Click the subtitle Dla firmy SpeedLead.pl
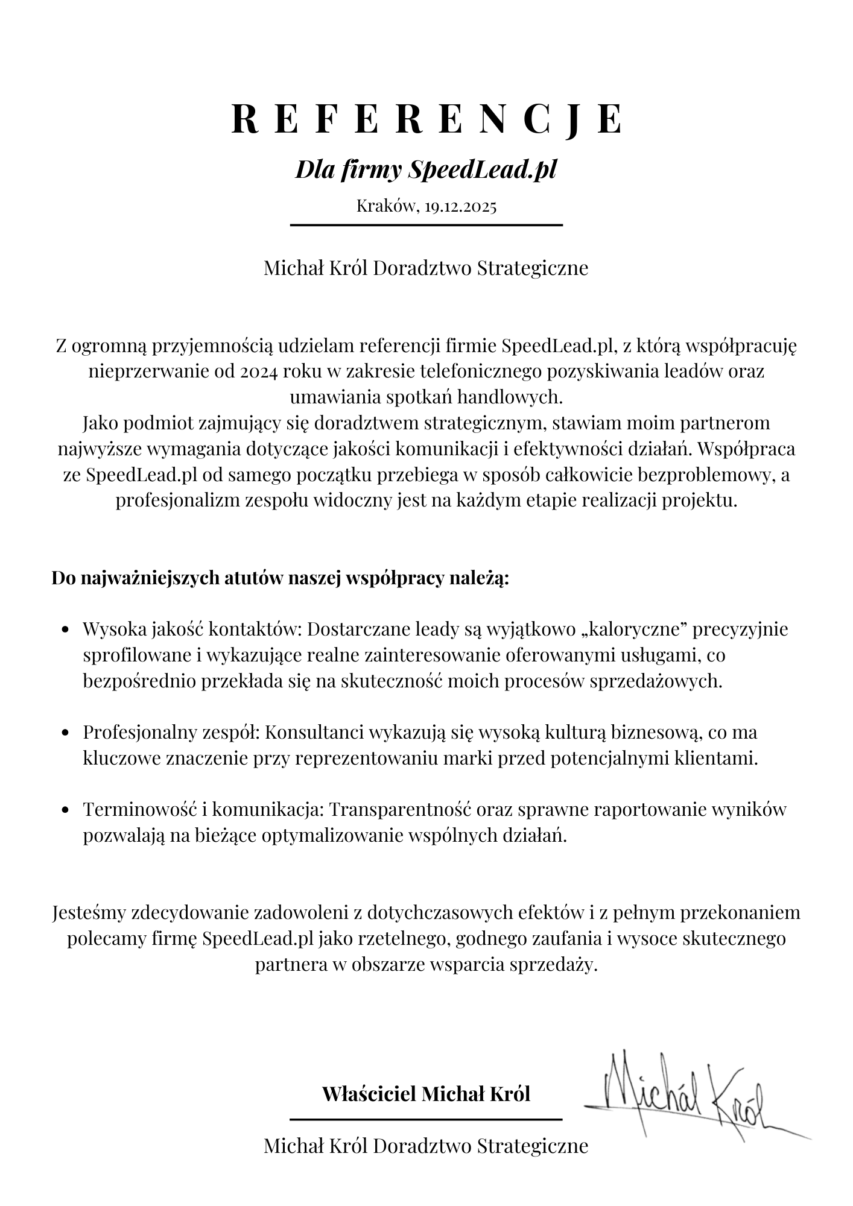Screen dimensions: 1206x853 click(x=426, y=170)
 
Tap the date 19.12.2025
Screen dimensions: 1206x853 click(x=460, y=206)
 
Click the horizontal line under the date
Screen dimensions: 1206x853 click(x=426, y=225)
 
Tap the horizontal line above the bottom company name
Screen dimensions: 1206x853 click(x=426, y=1119)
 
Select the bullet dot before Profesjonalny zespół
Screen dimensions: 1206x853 click(x=67, y=734)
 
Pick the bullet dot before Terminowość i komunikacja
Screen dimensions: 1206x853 click(x=67, y=811)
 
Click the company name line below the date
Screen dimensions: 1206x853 click(x=426, y=268)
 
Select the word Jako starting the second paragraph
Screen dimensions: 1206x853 click(x=99, y=423)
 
